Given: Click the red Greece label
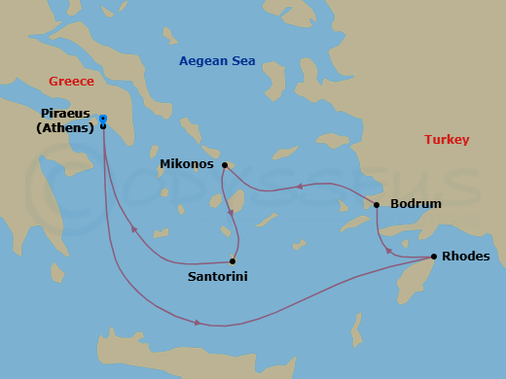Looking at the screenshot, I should tap(72, 81).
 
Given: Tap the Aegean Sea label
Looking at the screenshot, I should tap(217, 61).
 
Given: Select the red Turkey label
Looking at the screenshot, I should tap(447, 140).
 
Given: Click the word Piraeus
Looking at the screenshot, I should tap(67, 113).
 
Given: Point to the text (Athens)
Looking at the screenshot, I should tap(65, 127).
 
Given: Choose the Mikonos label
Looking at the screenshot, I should tap(186, 164).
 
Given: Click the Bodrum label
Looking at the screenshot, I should tap(416, 204).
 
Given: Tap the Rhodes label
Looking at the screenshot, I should tap(466, 257).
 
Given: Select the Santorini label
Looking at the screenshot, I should tap(217, 277).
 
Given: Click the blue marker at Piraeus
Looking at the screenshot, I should tap(103, 120).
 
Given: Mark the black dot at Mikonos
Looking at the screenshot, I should tap(225, 165).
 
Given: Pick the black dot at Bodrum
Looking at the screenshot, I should tap(377, 205).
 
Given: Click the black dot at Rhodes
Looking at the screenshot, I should tap(433, 257).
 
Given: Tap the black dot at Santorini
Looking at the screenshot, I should tap(233, 260).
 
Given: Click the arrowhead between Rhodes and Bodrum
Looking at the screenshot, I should tap(389, 250).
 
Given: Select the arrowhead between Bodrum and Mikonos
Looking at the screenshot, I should tap(300, 186).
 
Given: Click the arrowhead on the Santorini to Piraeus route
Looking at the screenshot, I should tap(132, 230).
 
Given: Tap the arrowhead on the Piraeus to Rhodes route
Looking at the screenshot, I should tap(198, 323).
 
